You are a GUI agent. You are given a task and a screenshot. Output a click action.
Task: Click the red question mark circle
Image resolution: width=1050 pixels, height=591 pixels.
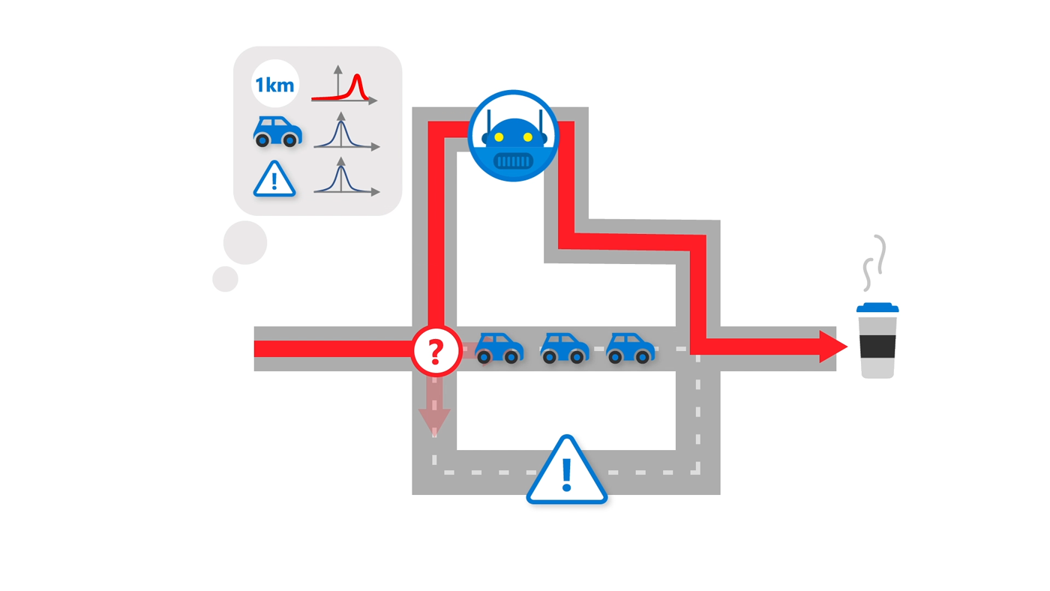tap(436, 350)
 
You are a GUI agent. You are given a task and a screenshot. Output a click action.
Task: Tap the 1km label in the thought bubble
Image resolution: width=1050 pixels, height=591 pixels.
tap(275, 84)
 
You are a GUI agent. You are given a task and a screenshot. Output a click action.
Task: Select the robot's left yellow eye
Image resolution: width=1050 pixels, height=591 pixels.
tap(499, 137)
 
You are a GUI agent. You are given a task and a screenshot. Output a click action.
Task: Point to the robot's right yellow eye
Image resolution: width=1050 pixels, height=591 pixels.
tap(528, 137)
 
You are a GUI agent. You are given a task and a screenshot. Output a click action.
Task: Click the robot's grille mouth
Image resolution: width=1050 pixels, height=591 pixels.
tap(514, 160)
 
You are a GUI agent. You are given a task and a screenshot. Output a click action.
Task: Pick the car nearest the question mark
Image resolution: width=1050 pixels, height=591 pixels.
tap(499, 348)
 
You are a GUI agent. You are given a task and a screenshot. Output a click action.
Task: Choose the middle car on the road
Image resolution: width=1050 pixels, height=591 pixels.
tap(565, 348)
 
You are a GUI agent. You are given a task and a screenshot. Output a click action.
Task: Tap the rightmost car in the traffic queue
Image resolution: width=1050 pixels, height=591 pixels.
tap(630, 348)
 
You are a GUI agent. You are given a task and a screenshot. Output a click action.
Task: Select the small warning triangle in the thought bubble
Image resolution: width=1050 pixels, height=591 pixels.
tap(274, 180)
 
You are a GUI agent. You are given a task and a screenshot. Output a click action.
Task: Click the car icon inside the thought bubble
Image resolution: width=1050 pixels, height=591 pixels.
tap(277, 131)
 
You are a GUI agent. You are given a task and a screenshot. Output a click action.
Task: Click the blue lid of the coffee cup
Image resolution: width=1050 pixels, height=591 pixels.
tap(877, 307)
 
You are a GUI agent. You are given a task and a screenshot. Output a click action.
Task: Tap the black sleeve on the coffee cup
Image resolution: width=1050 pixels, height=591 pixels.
tap(877, 346)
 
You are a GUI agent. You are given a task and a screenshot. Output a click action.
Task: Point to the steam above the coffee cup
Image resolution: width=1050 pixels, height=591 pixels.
tap(874, 262)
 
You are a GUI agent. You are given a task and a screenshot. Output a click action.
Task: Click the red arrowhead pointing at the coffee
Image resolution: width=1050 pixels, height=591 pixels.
tap(832, 346)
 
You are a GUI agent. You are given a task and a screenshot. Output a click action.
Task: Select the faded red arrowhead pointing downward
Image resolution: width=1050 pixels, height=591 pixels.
tap(434, 420)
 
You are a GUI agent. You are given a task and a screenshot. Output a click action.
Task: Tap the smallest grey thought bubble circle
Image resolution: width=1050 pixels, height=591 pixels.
tap(225, 278)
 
